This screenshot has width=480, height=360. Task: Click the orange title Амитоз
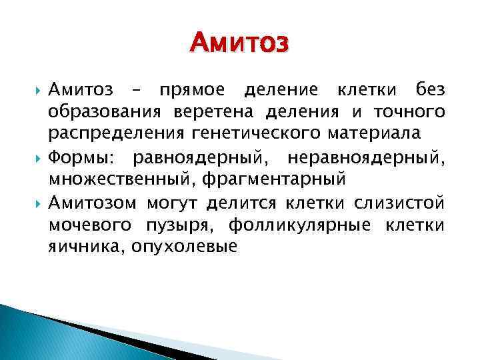[x=239, y=44]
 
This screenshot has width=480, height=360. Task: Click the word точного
[x=410, y=111]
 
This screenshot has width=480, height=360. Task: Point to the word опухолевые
[x=185, y=246]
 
